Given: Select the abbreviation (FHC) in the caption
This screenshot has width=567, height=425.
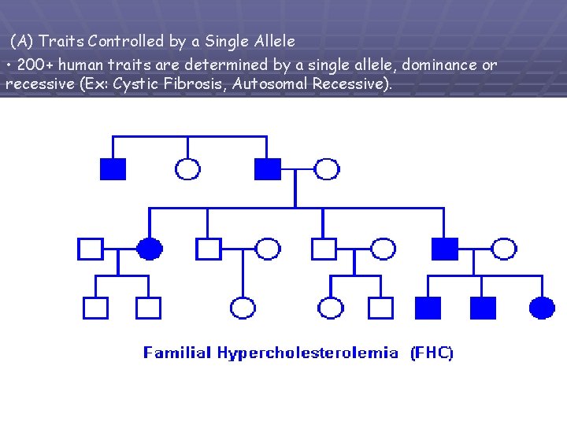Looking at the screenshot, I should pyautogui.click(x=432, y=353).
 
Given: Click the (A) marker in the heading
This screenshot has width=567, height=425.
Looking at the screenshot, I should pyautogui.click(x=22, y=41).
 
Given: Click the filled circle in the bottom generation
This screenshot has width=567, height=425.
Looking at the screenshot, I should pyautogui.click(x=542, y=308).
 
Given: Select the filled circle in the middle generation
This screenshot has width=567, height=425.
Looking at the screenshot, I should pyautogui.click(x=150, y=249).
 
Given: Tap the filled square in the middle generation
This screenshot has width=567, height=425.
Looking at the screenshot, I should pyautogui.click(x=445, y=249).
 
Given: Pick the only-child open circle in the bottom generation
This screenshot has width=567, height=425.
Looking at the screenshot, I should pyautogui.click(x=243, y=308).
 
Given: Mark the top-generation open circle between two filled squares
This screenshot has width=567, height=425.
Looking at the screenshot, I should pyautogui.click(x=187, y=168).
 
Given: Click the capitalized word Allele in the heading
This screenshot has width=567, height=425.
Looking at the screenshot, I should pyautogui.click(x=272, y=41).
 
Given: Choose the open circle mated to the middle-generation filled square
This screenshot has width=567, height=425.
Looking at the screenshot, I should pyautogui.click(x=504, y=249).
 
